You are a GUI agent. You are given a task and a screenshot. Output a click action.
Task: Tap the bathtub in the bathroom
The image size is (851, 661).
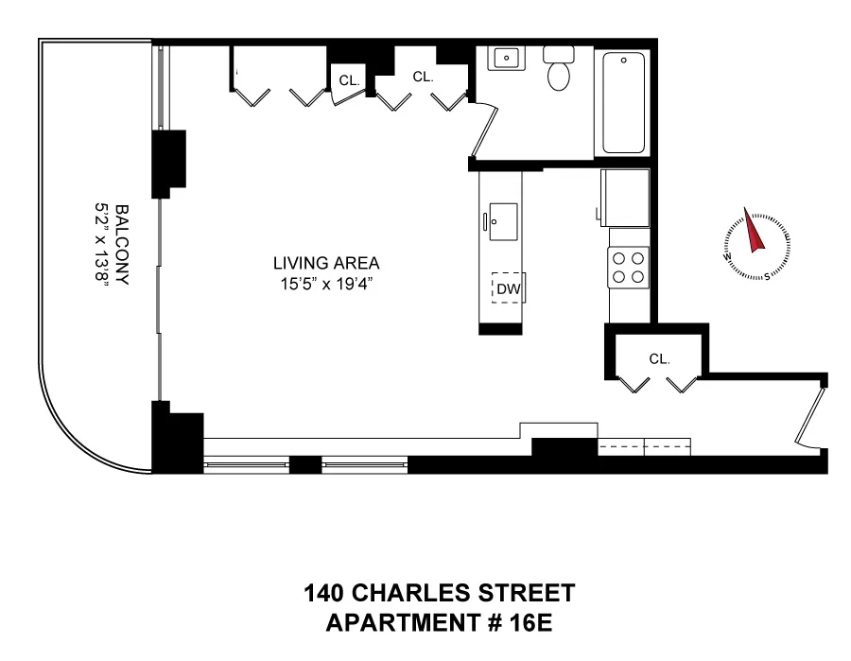pos(622,104)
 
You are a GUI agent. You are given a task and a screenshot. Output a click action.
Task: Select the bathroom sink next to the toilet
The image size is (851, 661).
pos(506,59)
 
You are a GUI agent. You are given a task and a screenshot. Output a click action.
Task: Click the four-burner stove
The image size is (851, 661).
pos(629,266)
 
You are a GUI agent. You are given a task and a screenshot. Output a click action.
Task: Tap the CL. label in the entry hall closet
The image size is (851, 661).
pos(659,358)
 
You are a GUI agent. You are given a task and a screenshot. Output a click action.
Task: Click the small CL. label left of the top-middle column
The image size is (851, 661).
pos(349,81)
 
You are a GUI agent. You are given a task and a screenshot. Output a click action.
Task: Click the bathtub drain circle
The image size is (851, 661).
pos(622,60)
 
